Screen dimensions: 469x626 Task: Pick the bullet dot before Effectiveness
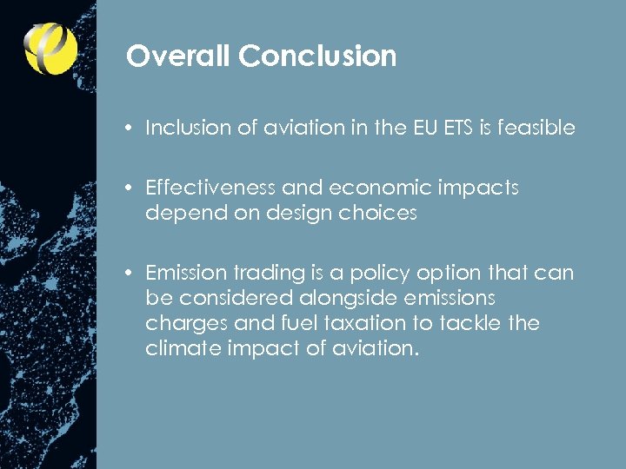point(128,188)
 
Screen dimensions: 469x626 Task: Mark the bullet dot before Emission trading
point(128,273)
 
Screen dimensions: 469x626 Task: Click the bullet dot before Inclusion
point(128,128)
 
